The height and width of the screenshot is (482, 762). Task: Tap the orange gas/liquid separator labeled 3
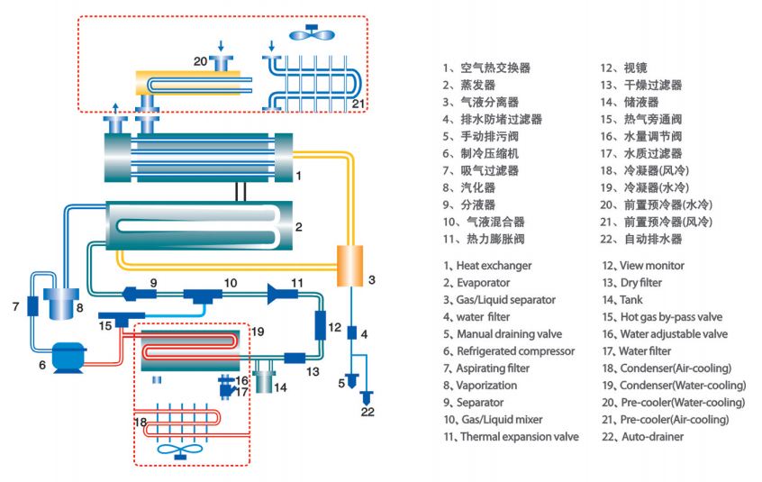[x=349, y=265]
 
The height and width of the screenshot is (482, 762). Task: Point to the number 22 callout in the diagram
[x=368, y=413]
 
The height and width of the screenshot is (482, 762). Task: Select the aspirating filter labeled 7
[x=32, y=305]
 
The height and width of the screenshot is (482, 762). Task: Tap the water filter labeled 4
[x=352, y=333]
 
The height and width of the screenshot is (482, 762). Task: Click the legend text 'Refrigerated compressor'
[x=515, y=351]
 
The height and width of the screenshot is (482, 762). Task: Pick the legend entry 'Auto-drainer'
[x=652, y=437]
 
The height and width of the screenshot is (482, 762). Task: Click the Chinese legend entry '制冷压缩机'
[x=489, y=153]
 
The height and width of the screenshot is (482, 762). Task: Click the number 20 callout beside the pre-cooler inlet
[x=200, y=60]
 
